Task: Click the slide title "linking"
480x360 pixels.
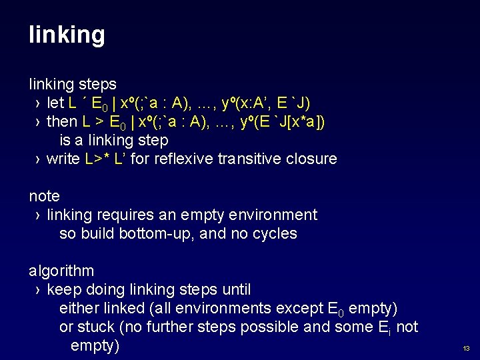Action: (67, 35)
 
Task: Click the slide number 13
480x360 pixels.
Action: (466, 348)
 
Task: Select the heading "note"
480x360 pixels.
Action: (44, 196)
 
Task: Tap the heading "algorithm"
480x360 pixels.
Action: (61, 271)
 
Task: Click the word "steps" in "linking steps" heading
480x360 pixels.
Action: (99, 85)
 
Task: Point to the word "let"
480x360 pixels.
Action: (56, 103)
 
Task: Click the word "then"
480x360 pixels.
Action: (62, 122)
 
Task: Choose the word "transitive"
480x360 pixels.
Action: (250, 159)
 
